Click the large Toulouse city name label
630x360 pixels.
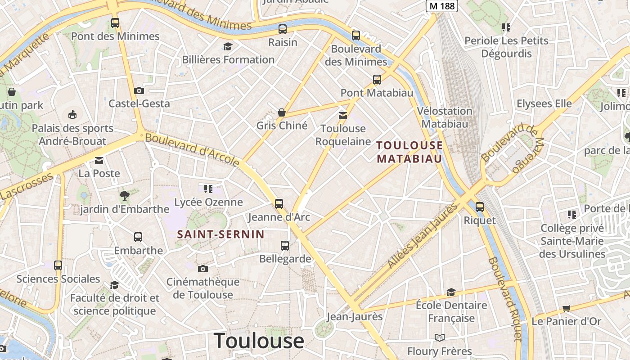coord(259,340)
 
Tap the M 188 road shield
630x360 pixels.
coord(441,5)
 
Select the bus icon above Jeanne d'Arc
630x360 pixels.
coord(279,203)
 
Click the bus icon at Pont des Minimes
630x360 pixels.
coord(115,22)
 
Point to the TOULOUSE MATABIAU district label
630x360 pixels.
coord(409,152)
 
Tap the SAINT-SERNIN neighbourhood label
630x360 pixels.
coord(220,234)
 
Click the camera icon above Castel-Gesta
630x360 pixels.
coord(139,90)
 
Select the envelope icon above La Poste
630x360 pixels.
coord(99,160)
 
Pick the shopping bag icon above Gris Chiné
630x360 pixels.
coord(282,112)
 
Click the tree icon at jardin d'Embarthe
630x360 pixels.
coord(125,195)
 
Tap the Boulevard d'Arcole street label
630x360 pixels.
coord(192,149)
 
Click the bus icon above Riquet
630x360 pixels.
coord(480,207)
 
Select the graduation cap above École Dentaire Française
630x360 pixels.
coord(451,292)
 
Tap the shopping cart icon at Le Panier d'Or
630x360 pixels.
coord(566,308)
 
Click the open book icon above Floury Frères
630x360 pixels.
coord(439,337)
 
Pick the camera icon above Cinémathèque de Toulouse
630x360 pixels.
coord(203,269)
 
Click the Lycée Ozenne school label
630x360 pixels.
coord(208,202)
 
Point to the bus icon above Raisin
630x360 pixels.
coord(283,29)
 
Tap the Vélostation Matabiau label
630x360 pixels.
coord(445,117)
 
